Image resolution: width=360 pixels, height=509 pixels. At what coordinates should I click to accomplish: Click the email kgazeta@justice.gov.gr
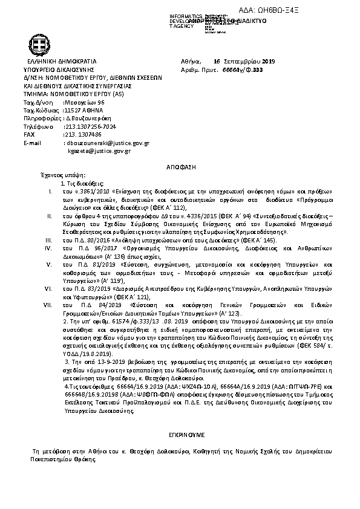coord(100,151)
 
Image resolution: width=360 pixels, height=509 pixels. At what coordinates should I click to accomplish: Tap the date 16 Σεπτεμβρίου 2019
coord(244,62)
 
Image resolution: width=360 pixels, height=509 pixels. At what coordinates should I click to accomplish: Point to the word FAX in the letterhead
coord(28,135)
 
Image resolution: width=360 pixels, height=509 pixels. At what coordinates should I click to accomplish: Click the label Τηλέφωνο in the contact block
coord(36,127)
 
